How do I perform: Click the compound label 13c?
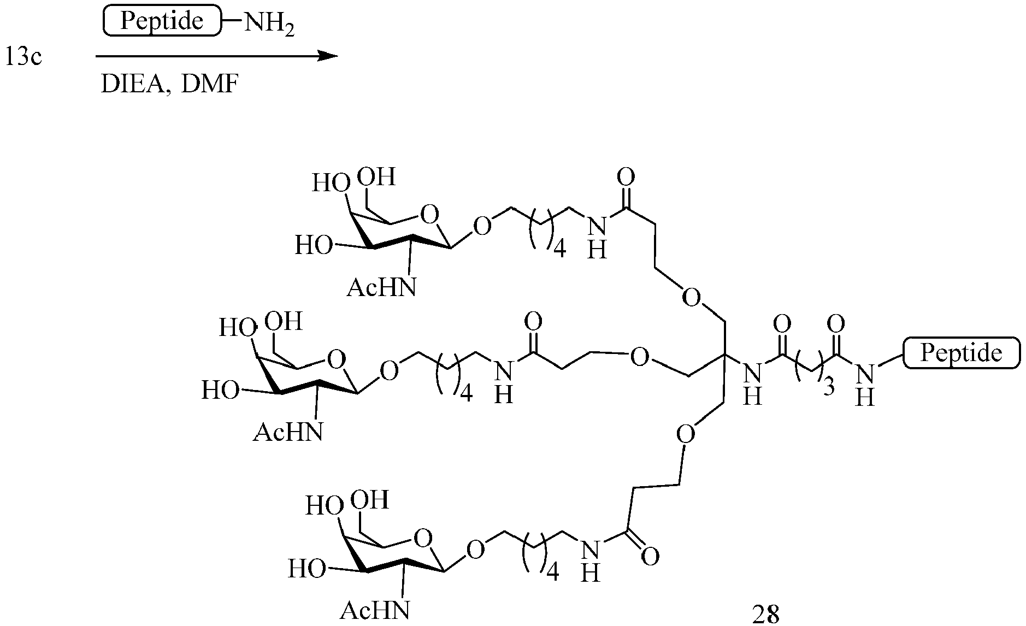pos(23,57)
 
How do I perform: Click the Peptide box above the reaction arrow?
pos(162,21)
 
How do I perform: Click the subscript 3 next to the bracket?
pos(829,388)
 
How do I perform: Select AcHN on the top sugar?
pos(381,287)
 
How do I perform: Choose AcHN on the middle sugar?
pos(287,433)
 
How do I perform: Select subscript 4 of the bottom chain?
pos(553,573)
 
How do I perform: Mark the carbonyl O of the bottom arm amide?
pos(650,557)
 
